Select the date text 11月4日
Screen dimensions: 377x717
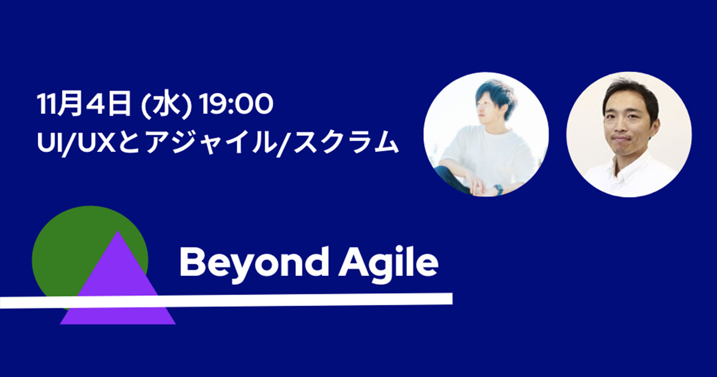(83, 107)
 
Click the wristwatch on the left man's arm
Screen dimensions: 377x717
(498, 189)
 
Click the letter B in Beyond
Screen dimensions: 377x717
(192, 263)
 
